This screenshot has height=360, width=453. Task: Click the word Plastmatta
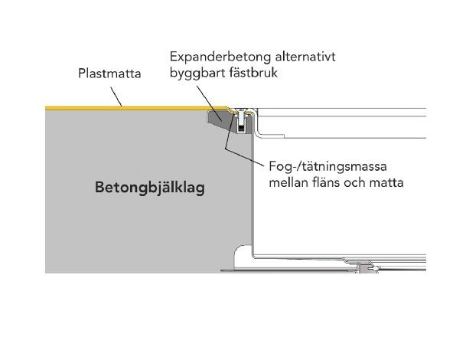point(109,74)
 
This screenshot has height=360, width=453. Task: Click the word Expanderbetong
point(220,57)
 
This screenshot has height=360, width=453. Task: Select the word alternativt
point(305,57)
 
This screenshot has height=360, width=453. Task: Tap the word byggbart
point(198,73)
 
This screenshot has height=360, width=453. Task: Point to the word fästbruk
point(253,72)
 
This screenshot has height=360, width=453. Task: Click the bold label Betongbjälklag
point(150,188)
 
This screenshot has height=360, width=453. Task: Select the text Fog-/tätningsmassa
point(328,167)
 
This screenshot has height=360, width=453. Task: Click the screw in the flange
point(240,119)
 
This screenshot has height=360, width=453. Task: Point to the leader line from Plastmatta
point(116,97)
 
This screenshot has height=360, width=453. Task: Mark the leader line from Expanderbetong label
point(210,103)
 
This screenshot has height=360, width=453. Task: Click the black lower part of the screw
point(240,127)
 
